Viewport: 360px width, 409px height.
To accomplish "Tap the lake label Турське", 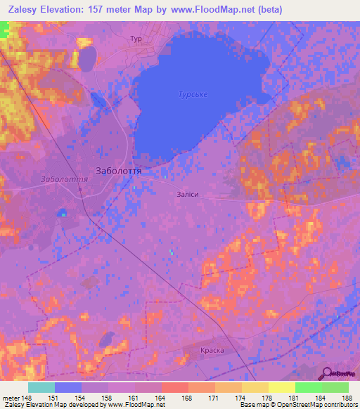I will pos(193,94).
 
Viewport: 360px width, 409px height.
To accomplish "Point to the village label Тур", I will pos(136,39).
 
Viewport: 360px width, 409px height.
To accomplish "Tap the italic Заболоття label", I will pos(64,179).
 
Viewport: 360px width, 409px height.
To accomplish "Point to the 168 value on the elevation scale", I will pos(186,398).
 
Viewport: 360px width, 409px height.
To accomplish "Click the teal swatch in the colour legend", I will pos(41,387).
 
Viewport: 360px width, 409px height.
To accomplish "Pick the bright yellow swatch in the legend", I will pos(281,387).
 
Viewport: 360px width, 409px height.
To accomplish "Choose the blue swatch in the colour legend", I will pos(68,387).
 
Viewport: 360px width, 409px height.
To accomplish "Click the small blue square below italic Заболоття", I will pos(63,212).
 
